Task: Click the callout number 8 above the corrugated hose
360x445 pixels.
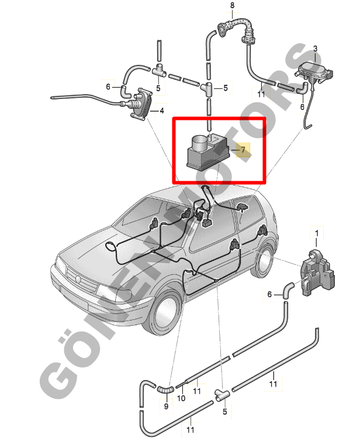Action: (233, 5)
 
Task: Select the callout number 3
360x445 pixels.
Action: (315, 49)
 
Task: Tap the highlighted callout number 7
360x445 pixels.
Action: (243, 149)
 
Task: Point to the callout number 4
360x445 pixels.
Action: (162, 111)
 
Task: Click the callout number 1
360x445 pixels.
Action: (317, 233)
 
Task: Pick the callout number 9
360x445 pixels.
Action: (166, 406)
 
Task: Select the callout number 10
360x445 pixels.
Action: (181, 398)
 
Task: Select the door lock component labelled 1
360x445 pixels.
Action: (318, 273)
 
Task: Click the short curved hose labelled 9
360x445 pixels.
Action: (165, 389)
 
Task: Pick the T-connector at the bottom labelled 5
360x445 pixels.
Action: (222, 395)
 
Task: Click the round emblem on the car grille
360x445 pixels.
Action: (78, 280)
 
